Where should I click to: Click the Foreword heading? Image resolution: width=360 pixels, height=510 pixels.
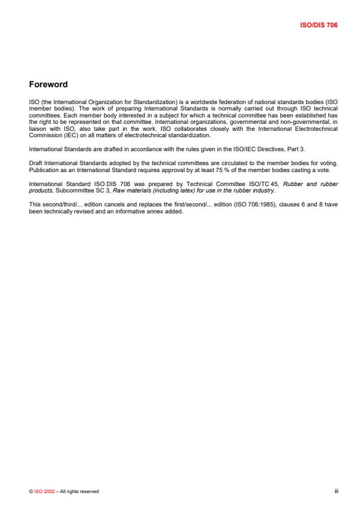click(48, 85)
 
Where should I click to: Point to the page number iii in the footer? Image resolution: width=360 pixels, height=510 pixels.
click(336, 491)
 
